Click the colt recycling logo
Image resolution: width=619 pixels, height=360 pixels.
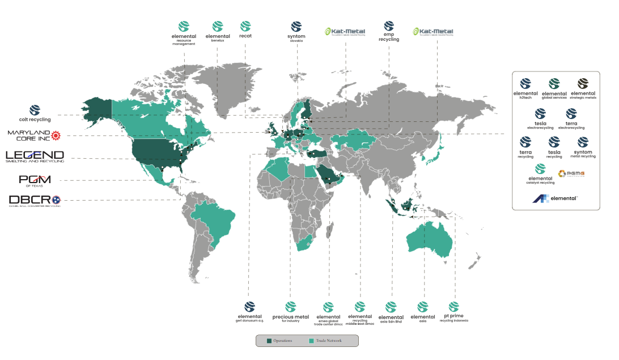click(35, 113)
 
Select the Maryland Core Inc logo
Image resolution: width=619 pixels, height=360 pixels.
click(33, 135)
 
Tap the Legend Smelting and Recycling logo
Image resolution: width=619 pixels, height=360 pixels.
click(35, 156)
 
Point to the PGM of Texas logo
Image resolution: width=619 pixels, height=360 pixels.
click(35, 180)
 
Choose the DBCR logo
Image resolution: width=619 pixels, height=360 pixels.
click(35, 200)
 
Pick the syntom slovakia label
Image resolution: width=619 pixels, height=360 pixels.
click(296, 31)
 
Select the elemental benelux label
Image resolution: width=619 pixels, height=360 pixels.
click(218, 31)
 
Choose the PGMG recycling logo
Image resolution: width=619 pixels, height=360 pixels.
click(571, 173)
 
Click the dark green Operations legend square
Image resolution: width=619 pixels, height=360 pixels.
click(269, 341)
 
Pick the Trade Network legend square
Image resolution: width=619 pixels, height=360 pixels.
click(311, 341)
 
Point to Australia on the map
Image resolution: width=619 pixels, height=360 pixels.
click(429, 242)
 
